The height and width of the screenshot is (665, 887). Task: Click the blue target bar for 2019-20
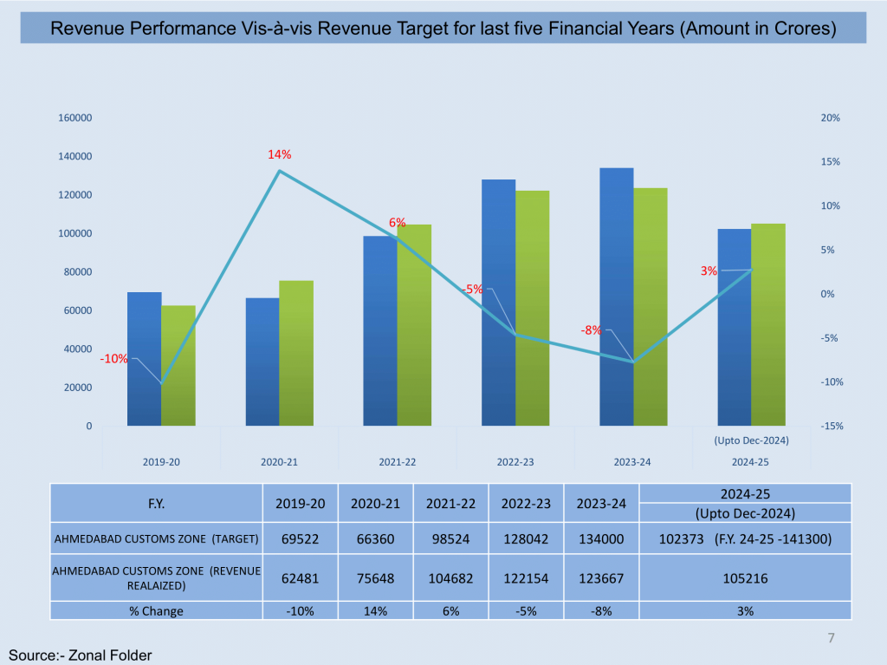144,359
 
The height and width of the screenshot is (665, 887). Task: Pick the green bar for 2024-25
768,324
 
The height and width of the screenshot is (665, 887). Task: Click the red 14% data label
279,154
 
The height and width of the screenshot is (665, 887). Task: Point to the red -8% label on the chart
592,330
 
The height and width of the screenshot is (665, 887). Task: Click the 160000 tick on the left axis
77,118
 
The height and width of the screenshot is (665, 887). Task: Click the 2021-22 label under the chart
398,462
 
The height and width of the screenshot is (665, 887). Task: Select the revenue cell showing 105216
745,578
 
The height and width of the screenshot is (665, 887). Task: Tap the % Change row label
156,610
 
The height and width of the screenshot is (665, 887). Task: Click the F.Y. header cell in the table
156,503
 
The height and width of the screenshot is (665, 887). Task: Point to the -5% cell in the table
525,610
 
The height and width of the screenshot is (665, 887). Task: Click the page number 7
832,639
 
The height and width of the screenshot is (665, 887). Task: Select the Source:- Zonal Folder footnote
74,655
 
